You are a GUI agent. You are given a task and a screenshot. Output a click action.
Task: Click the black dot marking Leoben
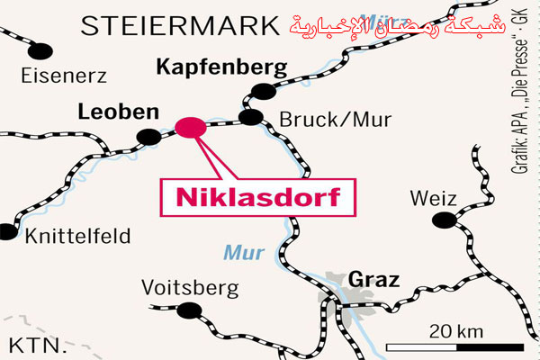(144, 137)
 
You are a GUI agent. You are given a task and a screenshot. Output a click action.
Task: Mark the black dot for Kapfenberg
(262, 90)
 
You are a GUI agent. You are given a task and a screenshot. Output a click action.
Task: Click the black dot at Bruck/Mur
(252, 117)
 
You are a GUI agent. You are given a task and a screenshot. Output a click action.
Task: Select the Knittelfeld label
(78, 237)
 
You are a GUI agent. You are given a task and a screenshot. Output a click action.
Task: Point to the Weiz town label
(433, 198)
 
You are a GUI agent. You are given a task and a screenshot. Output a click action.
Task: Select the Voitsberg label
(191, 288)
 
